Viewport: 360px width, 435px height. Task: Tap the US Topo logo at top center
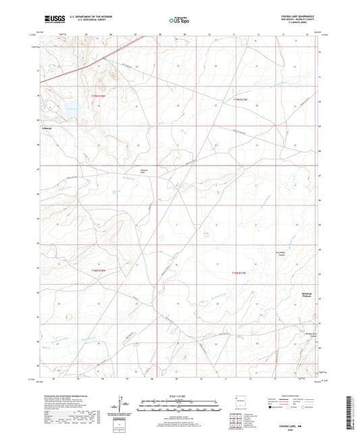(178, 20)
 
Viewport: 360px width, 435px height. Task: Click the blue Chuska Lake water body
(69, 106)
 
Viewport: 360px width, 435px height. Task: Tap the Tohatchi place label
(46, 126)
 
